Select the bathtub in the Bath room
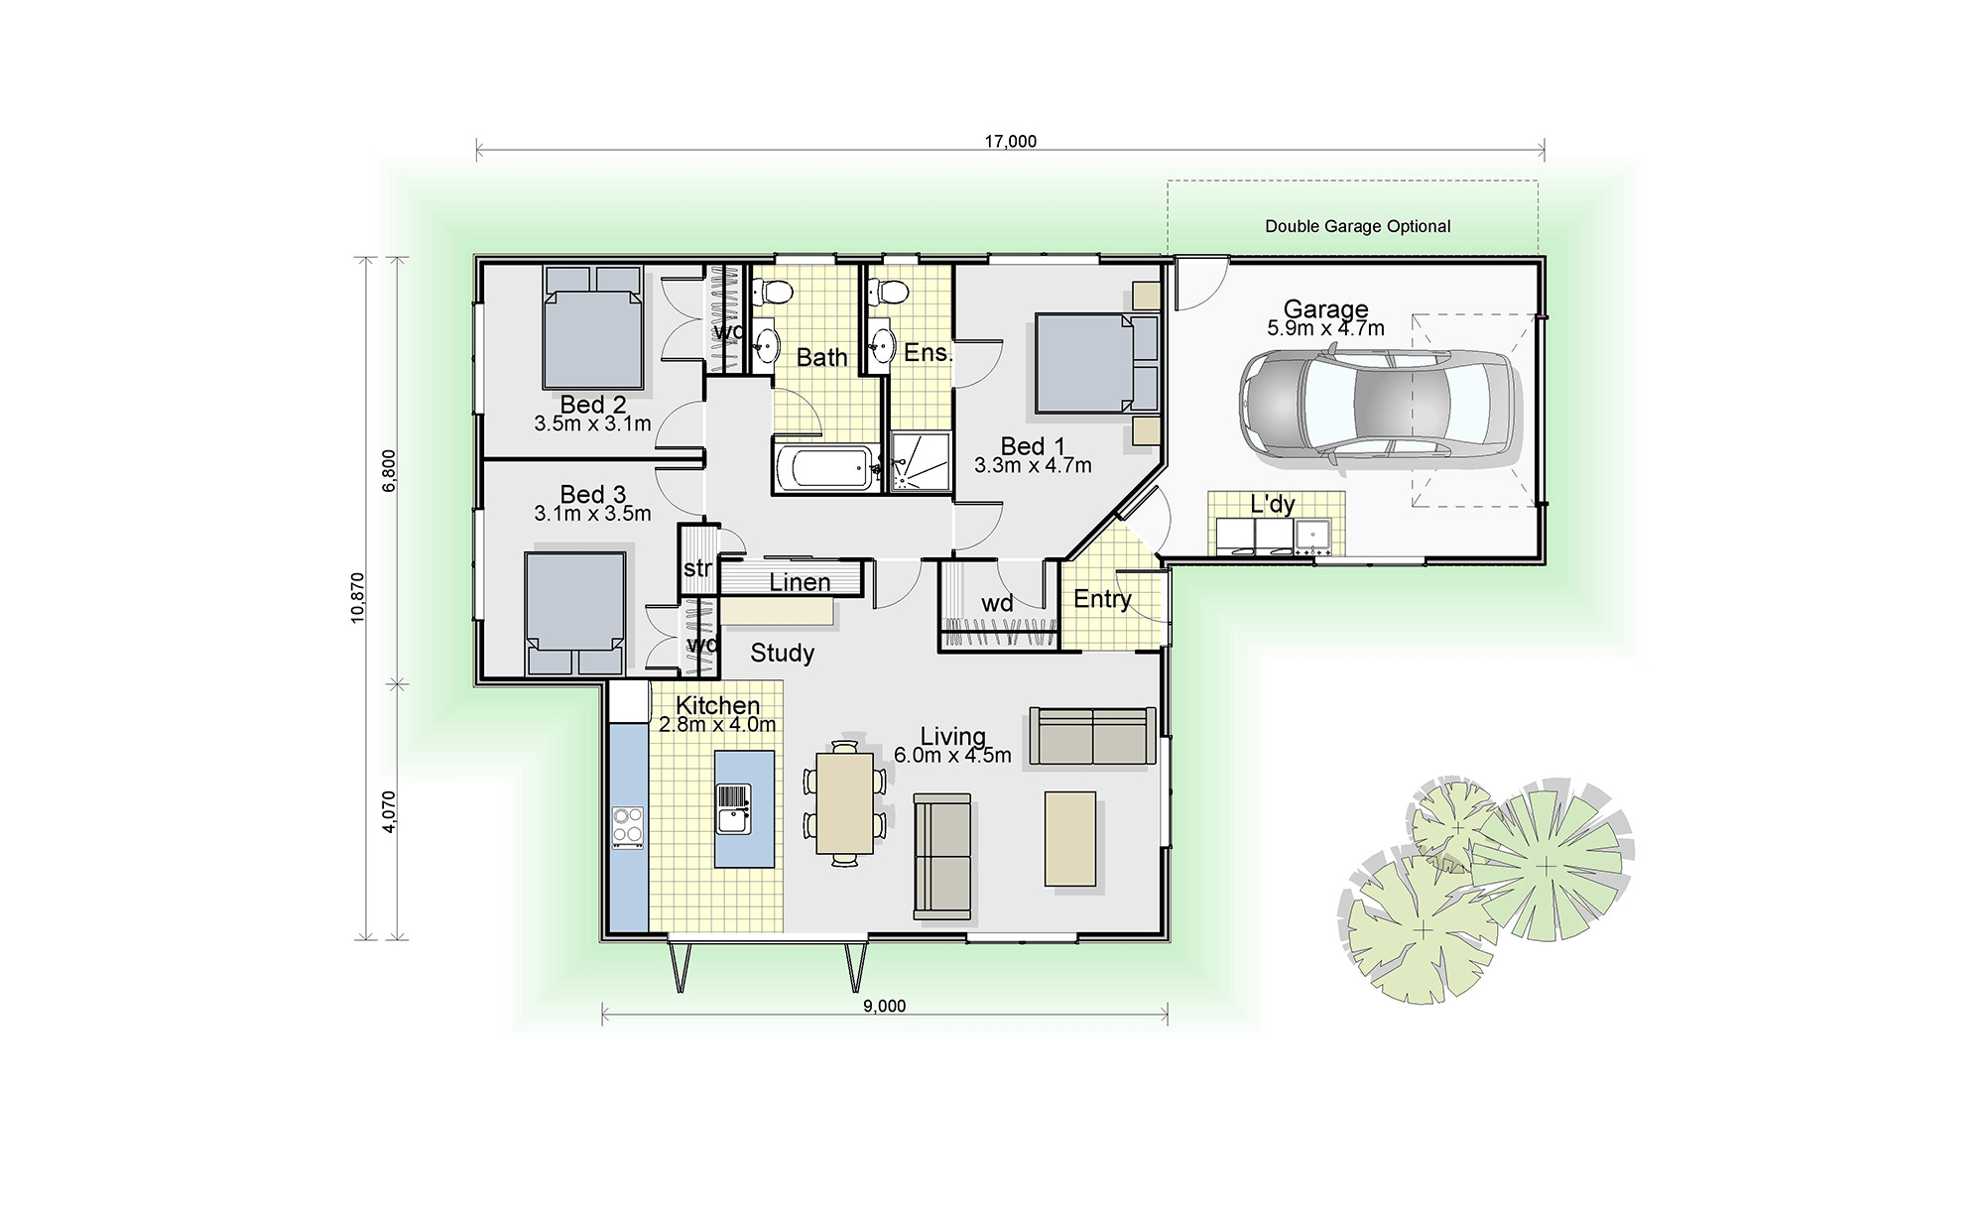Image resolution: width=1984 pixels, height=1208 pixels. point(824,468)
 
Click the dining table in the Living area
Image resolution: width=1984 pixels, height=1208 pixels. point(844,803)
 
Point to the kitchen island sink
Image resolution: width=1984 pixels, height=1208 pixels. point(732,809)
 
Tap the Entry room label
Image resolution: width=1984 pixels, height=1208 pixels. point(1102,599)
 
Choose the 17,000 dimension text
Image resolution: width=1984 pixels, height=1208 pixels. point(1010,142)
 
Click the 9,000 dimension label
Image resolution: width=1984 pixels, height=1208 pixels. point(884,1006)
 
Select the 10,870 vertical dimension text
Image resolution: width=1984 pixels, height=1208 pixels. point(358,597)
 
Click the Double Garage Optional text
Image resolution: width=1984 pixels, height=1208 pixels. point(1357,226)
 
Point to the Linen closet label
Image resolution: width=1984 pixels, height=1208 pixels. point(800,582)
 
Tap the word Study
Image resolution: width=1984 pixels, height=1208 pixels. point(783,653)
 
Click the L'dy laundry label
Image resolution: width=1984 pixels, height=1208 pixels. point(1272,504)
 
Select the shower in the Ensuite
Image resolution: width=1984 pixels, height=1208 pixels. point(920,461)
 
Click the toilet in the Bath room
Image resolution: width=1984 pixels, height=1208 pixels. point(771,292)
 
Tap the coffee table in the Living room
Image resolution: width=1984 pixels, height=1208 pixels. point(1069,838)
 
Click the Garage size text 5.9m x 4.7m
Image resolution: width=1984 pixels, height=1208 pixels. point(1325,328)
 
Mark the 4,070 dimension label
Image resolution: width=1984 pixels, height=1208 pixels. point(389,810)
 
